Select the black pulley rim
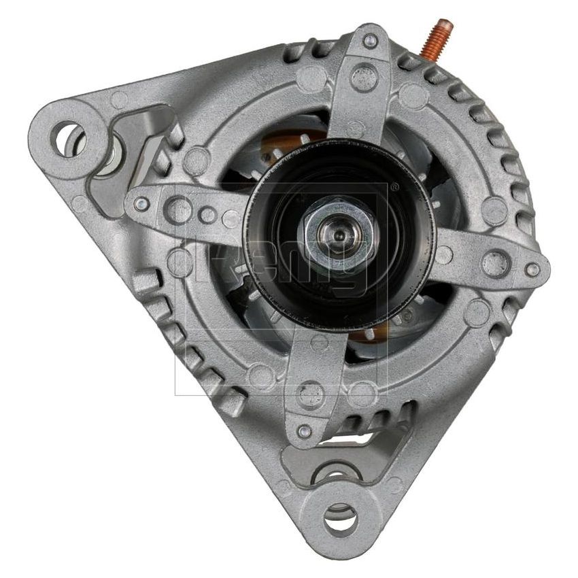click(269, 272)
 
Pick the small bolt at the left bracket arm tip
click(141, 203)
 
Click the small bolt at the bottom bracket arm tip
click(305, 430)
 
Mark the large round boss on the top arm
click(364, 76)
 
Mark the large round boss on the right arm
click(495, 262)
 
